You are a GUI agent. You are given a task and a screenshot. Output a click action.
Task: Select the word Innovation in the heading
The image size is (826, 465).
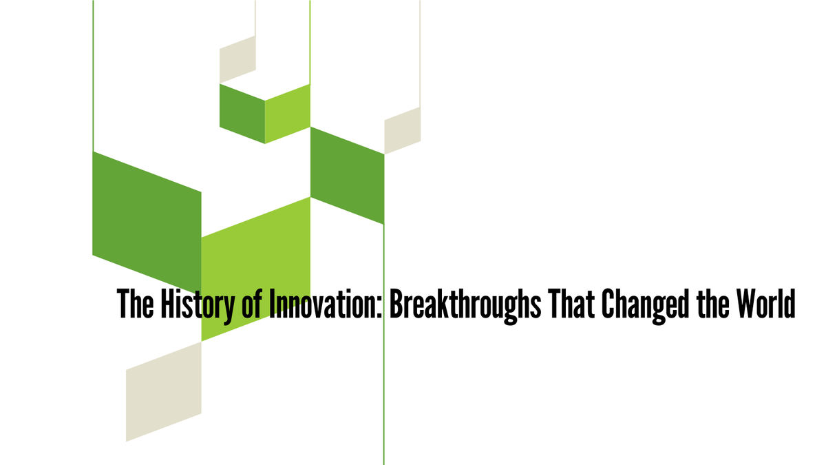(x=323, y=304)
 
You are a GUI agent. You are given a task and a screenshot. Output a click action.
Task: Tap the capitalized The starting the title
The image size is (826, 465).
(x=136, y=304)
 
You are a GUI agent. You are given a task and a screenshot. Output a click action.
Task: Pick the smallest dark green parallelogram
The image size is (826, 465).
(x=242, y=113)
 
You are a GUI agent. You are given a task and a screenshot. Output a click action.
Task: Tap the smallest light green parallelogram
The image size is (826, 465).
(x=287, y=113)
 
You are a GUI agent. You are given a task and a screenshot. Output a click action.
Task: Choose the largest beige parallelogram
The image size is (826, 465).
(x=163, y=391)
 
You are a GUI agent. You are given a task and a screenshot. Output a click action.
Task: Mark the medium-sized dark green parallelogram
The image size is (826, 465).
(x=347, y=175)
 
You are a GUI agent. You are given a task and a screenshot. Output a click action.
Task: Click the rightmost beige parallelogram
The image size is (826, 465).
(x=402, y=130)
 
